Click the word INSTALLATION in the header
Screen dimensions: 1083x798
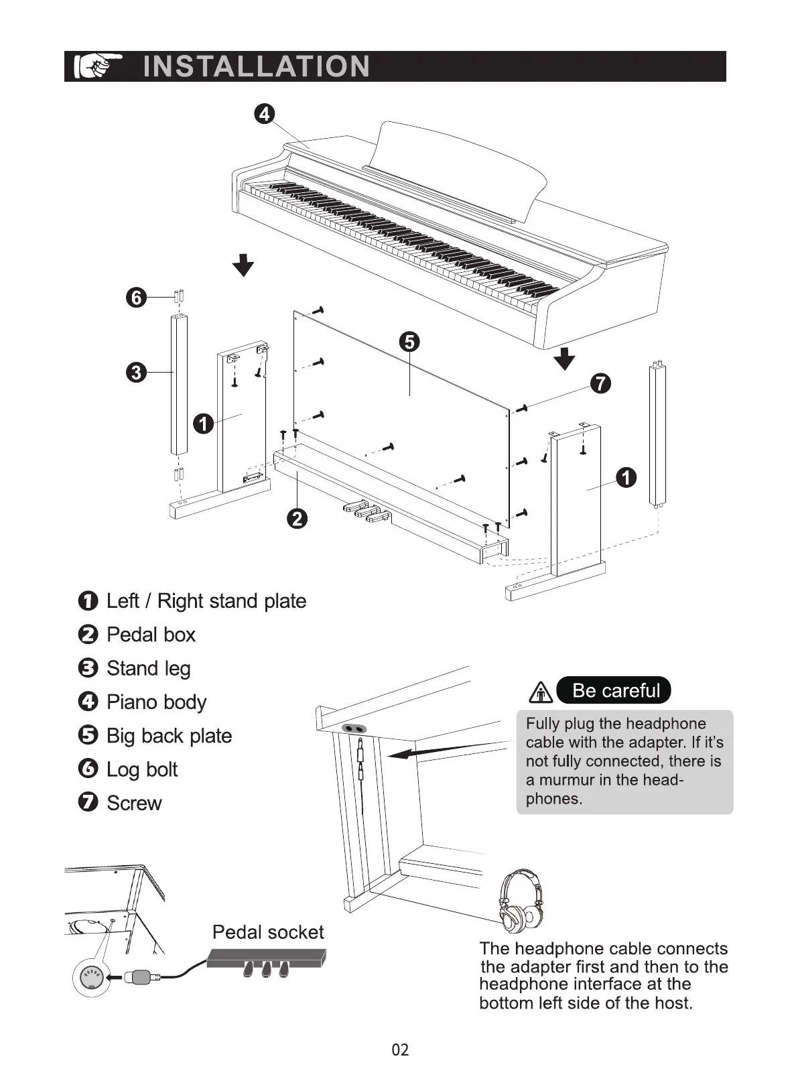(x=256, y=66)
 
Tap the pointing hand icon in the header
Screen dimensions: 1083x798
(x=98, y=66)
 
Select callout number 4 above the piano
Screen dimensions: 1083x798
(x=265, y=114)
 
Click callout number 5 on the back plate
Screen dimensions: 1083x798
(x=409, y=342)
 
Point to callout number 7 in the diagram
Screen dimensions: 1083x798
(x=600, y=383)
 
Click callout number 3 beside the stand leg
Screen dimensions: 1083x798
(x=136, y=372)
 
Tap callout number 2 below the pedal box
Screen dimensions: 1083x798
(x=297, y=518)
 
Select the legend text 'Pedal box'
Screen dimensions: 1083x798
(x=151, y=635)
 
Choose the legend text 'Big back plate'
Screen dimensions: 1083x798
(x=169, y=736)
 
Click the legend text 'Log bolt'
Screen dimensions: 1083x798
(x=142, y=769)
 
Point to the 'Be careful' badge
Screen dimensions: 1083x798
(x=614, y=690)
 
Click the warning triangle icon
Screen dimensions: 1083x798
(x=541, y=692)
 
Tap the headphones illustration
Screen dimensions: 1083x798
(x=522, y=899)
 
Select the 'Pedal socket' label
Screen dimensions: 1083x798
(x=267, y=932)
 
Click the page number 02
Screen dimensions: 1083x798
(x=400, y=1049)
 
